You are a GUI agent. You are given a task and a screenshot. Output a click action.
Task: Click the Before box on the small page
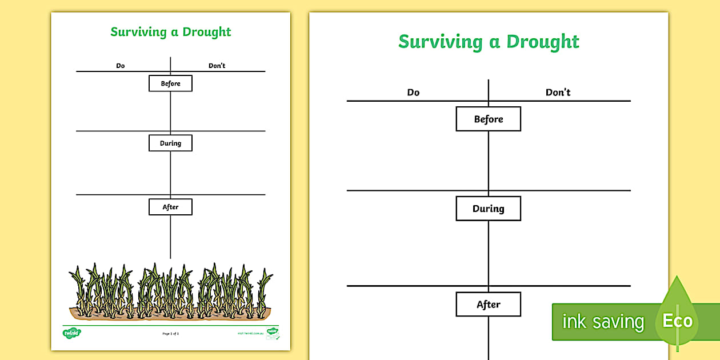click(x=170, y=83)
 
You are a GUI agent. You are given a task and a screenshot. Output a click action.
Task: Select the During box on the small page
click(x=170, y=143)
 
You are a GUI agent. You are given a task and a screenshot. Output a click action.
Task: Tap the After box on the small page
click(x=170, y=207)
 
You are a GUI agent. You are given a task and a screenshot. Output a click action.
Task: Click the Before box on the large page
click(x=488, y=119)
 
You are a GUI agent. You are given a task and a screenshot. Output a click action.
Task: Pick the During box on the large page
click(x=488, y=209)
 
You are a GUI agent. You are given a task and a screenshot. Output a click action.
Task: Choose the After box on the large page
click(x=488, y=305)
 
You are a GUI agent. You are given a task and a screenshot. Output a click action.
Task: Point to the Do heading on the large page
click(x=413, y=92)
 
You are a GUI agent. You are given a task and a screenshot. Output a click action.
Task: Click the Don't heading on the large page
click(x=558, y=92)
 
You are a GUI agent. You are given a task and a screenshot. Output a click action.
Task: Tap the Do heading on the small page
click(x=120, y=66)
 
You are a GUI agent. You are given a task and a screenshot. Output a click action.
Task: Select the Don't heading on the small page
click(x=217, y=66)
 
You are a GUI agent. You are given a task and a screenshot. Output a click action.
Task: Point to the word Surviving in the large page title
click(x=440, y=42)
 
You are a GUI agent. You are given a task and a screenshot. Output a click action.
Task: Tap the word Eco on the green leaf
click(x=678, y=321)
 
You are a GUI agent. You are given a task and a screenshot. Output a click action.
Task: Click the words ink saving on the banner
click(x=603, y=322)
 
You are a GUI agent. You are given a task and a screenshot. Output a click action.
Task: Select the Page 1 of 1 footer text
click(x=170, y=333)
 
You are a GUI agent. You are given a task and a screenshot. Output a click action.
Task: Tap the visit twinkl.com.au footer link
click(x=250, y=333)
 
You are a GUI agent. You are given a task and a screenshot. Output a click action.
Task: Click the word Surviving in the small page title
click(x=138, y=32)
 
